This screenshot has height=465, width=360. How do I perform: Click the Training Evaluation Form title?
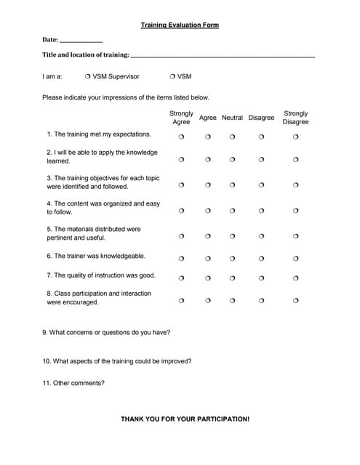(180, 25)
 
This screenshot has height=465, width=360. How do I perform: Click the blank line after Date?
(81, 41)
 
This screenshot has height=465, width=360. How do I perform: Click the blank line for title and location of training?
(223, 56)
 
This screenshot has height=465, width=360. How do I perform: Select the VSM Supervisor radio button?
(87, 76)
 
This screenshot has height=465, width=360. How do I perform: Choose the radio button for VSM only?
(172, 76)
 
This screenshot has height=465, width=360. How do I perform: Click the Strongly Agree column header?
(181, 118)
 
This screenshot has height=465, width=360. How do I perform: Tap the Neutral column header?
(232, 118)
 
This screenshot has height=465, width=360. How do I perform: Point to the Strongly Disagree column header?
(296, 118)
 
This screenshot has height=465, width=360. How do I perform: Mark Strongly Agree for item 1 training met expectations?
(181, 137)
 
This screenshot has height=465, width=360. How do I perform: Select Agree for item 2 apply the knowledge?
(207, 159)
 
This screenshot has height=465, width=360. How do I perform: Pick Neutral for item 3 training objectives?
(232, 185)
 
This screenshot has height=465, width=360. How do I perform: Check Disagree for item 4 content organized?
(261, 211)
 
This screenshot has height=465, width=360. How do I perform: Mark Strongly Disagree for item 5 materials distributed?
(296, 236)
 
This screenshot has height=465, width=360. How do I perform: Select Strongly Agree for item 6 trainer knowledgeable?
(181, 258)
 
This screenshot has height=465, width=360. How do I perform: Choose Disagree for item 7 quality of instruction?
(261, 278)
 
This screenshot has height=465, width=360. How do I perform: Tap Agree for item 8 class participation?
(207, 300)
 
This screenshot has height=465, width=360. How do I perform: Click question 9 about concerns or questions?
(106, 332)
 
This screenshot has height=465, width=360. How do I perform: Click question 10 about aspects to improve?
(117, 360)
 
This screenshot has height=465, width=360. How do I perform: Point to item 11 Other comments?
(73, 383)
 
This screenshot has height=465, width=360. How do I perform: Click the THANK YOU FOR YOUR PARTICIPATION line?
(185, 419)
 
